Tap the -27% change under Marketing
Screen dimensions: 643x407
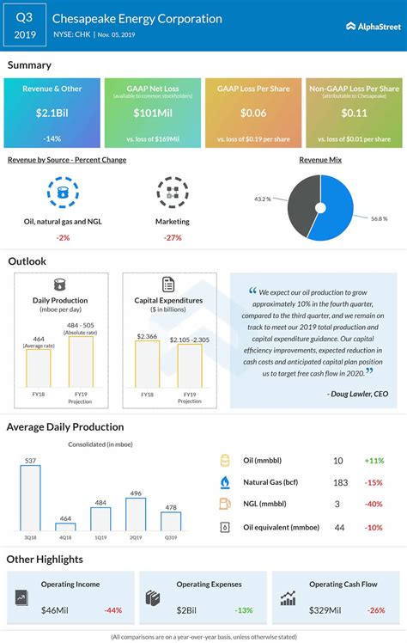coord(172,237)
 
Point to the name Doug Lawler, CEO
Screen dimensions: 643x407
coord(357,393)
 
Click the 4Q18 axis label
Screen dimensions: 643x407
coord(66,539)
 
